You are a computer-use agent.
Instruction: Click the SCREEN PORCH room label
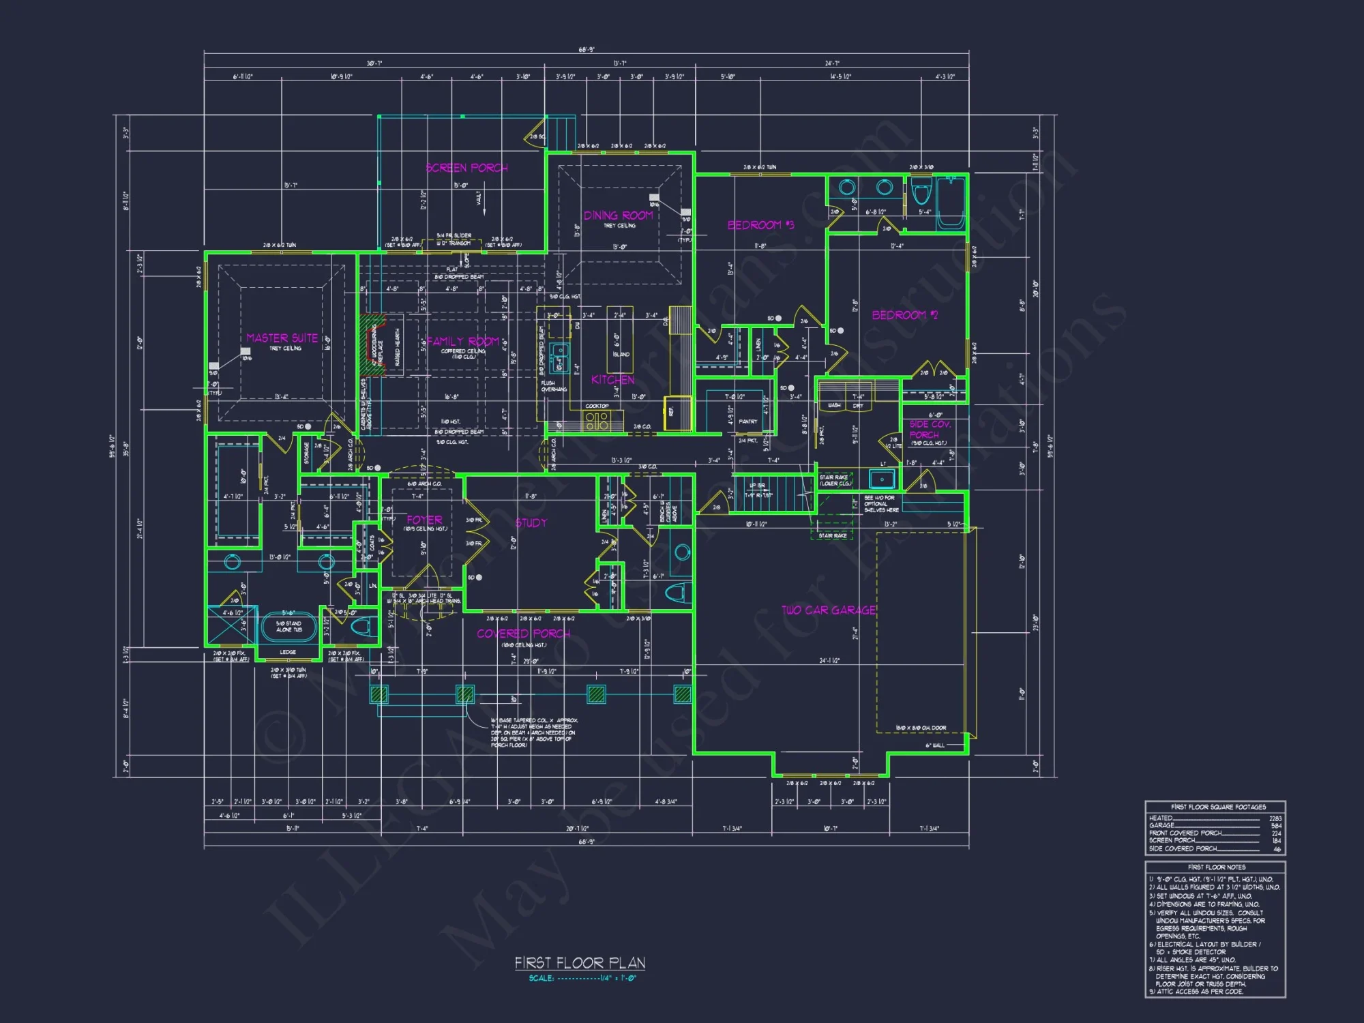tap(466, 168)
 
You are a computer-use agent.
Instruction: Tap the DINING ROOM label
tap(618, 216)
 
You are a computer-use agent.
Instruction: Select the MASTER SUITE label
tap(282, 338)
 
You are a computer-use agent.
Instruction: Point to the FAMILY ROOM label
tap(463, 342)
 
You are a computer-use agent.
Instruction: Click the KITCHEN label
tap(612, 380)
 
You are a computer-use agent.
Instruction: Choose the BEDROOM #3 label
tap(760, 225)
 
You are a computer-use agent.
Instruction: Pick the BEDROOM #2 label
tap(905, 315)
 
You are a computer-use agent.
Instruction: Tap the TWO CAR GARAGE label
tap(829, 610)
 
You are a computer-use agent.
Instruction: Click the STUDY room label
tap(531, 523)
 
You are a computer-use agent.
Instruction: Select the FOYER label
tap(424, 520)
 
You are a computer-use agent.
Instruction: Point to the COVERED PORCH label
tap(523, 634)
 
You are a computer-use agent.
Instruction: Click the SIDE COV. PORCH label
tap(929, 429)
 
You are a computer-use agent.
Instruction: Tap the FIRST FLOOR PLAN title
tap(580, 963)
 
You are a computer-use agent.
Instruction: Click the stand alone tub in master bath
tap(288, 627)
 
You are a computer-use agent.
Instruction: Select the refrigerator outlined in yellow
tap(678, 413)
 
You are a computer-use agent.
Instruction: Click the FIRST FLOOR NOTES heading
tap(1216, 867)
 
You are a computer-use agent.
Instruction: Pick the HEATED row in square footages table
tap(1215, 818)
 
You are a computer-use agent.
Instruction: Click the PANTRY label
tap(747, 422)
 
